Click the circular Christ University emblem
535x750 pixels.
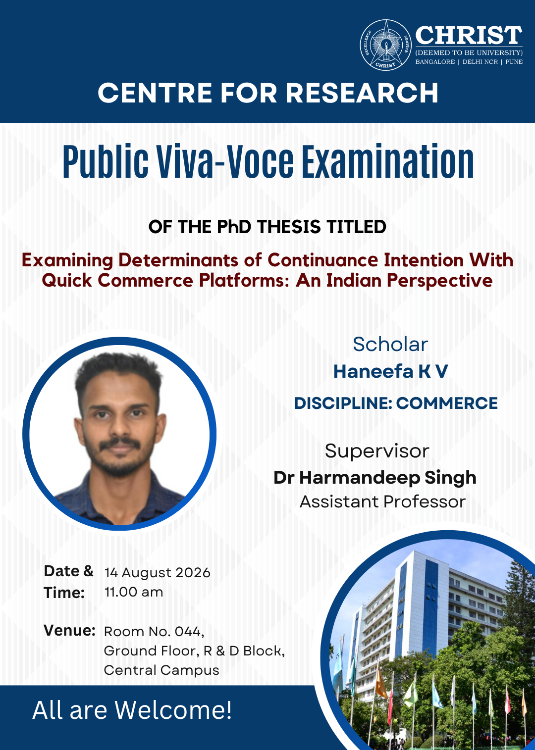coord(385,45)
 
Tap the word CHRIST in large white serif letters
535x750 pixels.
coord(469,35)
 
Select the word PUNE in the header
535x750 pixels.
coord(514,62)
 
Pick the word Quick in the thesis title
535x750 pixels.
coord(67,280)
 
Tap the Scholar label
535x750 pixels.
coord(390,344)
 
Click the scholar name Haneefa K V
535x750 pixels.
coord(391,372)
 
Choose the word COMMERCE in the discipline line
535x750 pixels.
coord(447,403)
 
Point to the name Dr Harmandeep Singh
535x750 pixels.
coord(375,478)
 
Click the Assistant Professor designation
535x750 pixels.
coord(382,502)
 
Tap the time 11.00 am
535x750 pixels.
coord(134,592)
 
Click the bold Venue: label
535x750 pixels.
coord(70,631)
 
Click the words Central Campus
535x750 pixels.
coord(161,670)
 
